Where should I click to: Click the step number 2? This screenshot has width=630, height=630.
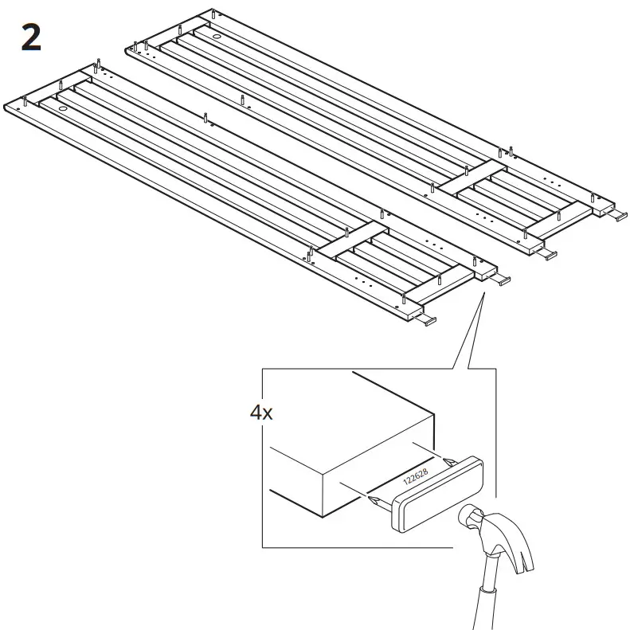coord(30,37)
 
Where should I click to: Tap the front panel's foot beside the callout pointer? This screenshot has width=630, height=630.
coord(501,280)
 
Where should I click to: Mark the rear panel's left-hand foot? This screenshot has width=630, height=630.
coord(550,255)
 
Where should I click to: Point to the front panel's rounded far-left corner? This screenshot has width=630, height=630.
coord(8,104)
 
